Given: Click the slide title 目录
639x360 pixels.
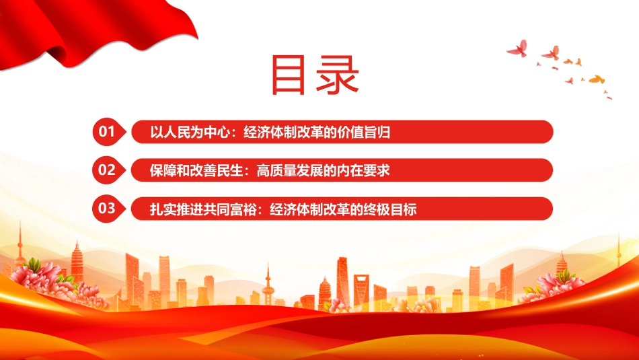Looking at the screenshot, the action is click(x=315, y=75).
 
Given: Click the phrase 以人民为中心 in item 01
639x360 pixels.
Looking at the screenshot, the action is click(x=190, y=132).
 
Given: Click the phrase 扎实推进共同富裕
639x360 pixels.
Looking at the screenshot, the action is click(x=203, y=209).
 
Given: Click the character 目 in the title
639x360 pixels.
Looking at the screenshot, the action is click(x=288, y=75).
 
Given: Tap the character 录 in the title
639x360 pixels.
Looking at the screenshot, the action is click(x=338, y=75).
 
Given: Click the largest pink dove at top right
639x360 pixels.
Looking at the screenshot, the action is click(x=517, y=48).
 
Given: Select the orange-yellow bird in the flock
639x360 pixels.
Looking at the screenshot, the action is click(x=597, y=79).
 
